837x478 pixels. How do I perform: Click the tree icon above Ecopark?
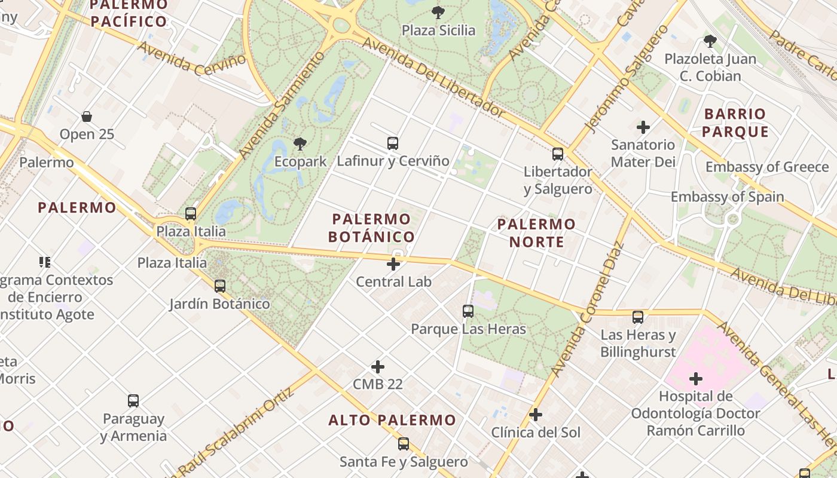click(300, 143)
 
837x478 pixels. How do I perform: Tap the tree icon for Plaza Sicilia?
click(438, 12)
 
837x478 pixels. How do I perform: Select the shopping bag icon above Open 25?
click(87, 116)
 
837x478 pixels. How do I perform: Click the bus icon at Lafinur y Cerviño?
click(392, 143)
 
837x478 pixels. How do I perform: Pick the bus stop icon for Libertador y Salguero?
click(558, 154)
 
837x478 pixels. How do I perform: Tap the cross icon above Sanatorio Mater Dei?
click(643, 127)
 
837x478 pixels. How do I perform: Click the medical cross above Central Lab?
click(393, 263)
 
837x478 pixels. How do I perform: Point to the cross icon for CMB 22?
click(378, 366)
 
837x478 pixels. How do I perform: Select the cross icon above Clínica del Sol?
click(536, 414)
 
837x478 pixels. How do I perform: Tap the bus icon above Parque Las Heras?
click(468, 311)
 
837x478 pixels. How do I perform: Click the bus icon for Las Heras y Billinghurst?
click(638, 317)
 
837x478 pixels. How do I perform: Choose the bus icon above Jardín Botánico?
click(220, 286)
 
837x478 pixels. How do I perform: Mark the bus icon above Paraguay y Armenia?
click(133, 400)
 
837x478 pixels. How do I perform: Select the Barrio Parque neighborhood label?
click(735, 122)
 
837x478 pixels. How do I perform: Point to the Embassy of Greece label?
click(767, 167)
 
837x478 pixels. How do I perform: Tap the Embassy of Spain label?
click(727, 197)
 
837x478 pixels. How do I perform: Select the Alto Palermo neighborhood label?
click(392, 420)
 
